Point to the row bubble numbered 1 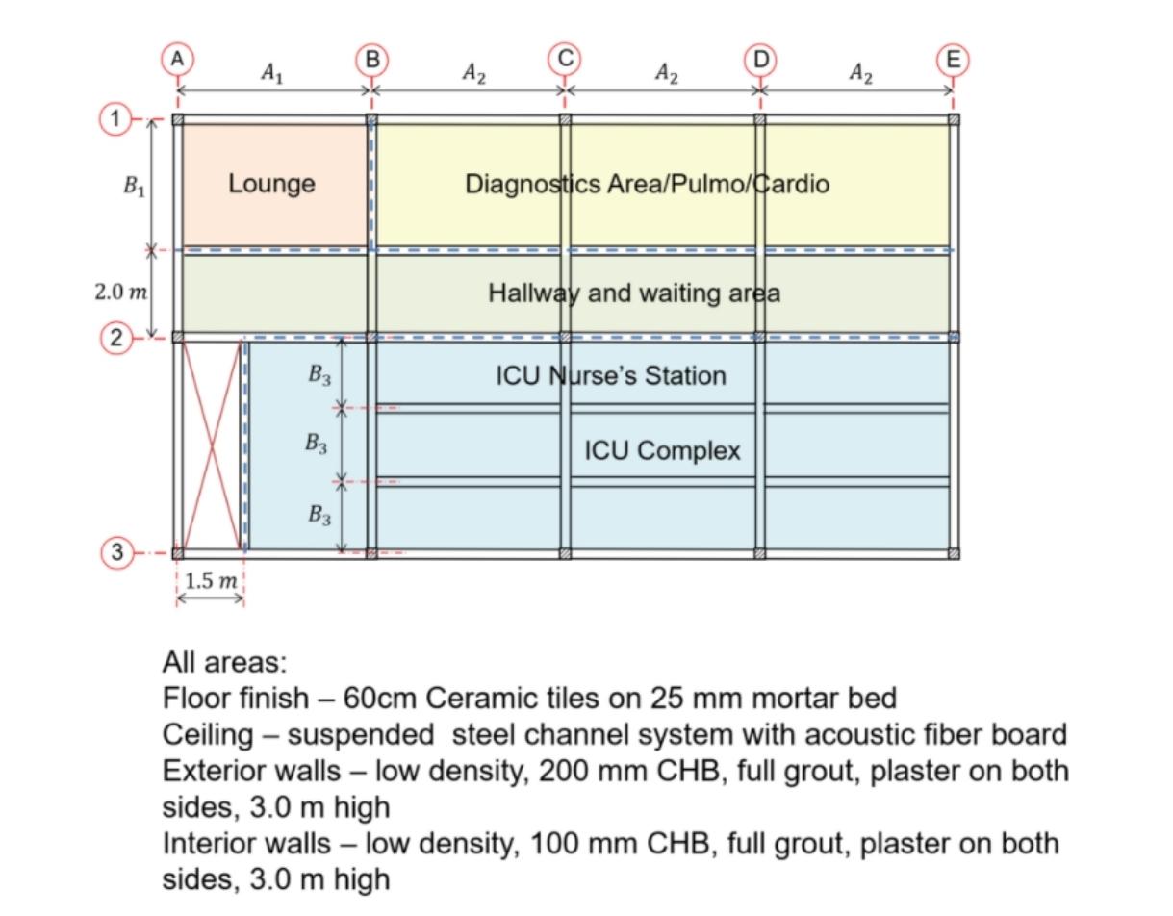click(x=116, y=119)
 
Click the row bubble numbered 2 click(x=116, y=337)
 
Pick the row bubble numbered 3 click(x=116, y=552)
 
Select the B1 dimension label click(x=134, y=186)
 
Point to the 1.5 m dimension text click(x=211, y=580)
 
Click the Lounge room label click(x=271, y=184)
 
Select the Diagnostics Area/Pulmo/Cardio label click(x=647, y=184)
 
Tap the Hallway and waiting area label click(x=633, y=293)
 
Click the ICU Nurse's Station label click(x=611, y=375)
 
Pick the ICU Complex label click(x=662, y=449)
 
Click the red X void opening click(x=211, y=445)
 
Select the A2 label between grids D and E click(x=859, y=73)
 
